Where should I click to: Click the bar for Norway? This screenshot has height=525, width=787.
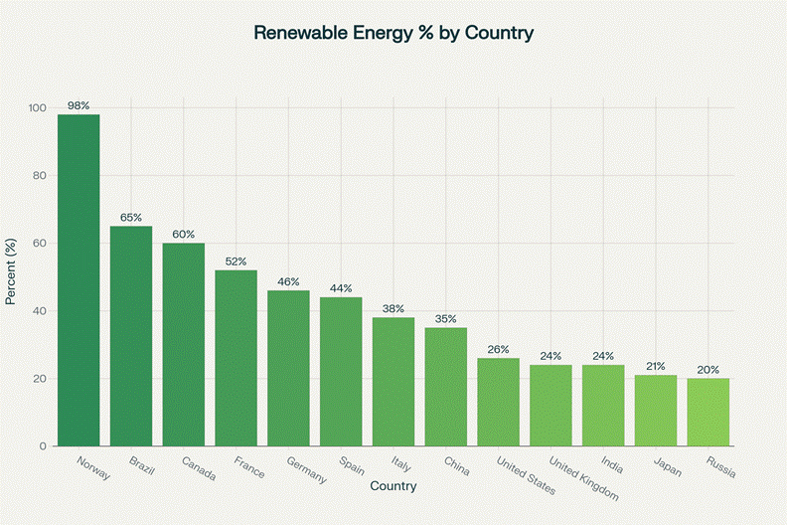click(x=79, y=280)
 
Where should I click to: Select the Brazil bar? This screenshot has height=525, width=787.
click(x=131, y=336)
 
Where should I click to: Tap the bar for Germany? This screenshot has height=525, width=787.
click(x=288, y=368)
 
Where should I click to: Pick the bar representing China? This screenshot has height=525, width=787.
click(x=446, y=387)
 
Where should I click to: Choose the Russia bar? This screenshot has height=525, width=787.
click(x=708, y=412)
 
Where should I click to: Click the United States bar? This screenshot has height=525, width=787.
click(x=499, y=402)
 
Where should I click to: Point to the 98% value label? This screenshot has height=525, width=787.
click(x=79, y=105)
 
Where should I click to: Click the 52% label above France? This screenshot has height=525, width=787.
click(x=236, y=261)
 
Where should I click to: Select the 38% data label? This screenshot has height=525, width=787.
click(x=393, y=308)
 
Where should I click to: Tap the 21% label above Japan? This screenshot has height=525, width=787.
click(x=656, y=366)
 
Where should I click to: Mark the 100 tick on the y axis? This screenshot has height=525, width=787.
click(x=37, y=108)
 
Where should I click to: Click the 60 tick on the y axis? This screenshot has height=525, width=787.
click(x=40, y=244)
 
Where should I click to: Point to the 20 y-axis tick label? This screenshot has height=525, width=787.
click(x=40, y=379)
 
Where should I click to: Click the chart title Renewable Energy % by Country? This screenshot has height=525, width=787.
click(x=393, y=33)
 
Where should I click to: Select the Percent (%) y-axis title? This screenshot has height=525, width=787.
click(x=11, y=277)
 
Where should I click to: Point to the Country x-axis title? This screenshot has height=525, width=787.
click(x=393, y=486)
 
